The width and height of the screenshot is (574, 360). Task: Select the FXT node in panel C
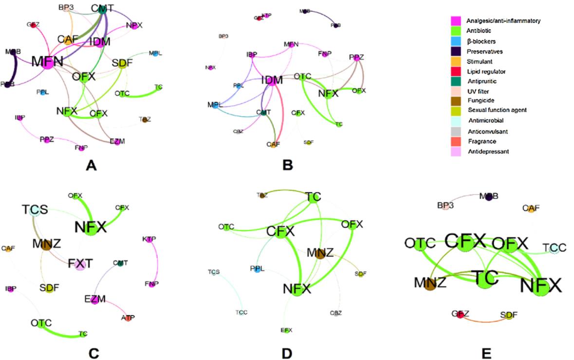[x=80, y=264]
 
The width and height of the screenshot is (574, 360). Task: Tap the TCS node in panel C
[x=34, y=211]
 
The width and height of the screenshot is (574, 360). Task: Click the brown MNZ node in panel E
[x=430, y=284]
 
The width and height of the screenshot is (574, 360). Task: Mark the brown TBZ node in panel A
[x=144, y=119]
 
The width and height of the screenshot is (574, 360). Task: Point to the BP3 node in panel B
[x=223, y=37]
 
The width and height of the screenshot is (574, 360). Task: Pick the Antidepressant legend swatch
[x=456, y=152]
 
